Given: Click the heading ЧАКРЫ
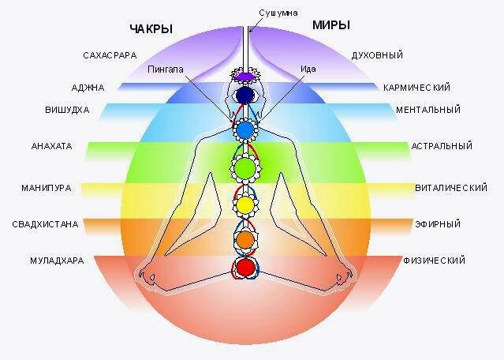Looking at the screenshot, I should [x=151, y=29].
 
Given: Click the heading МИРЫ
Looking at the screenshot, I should [x=331, y=25].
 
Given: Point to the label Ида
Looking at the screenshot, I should [x=308, y=69].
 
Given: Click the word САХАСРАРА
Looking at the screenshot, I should [x=110, y=55].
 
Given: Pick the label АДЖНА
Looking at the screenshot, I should [x=88, y=88].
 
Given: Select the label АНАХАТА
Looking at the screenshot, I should [x=51, y=146].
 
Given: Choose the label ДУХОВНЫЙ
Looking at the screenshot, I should [x=378, y=55].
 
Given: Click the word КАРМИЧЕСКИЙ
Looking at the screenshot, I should [x=416, y=87].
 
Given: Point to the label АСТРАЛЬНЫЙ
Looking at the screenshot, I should [x=441, y=146].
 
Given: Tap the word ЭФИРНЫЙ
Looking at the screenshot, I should [x=438, y=224].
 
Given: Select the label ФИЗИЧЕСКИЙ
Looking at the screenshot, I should [x=434, y=260].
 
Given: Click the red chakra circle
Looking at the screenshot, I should [x=245, y=267].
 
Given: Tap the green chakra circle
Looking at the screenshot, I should [x=245, y=167].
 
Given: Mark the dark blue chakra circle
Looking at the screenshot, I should [x=245, y=96].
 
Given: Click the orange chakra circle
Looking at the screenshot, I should [x=245, y=238].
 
